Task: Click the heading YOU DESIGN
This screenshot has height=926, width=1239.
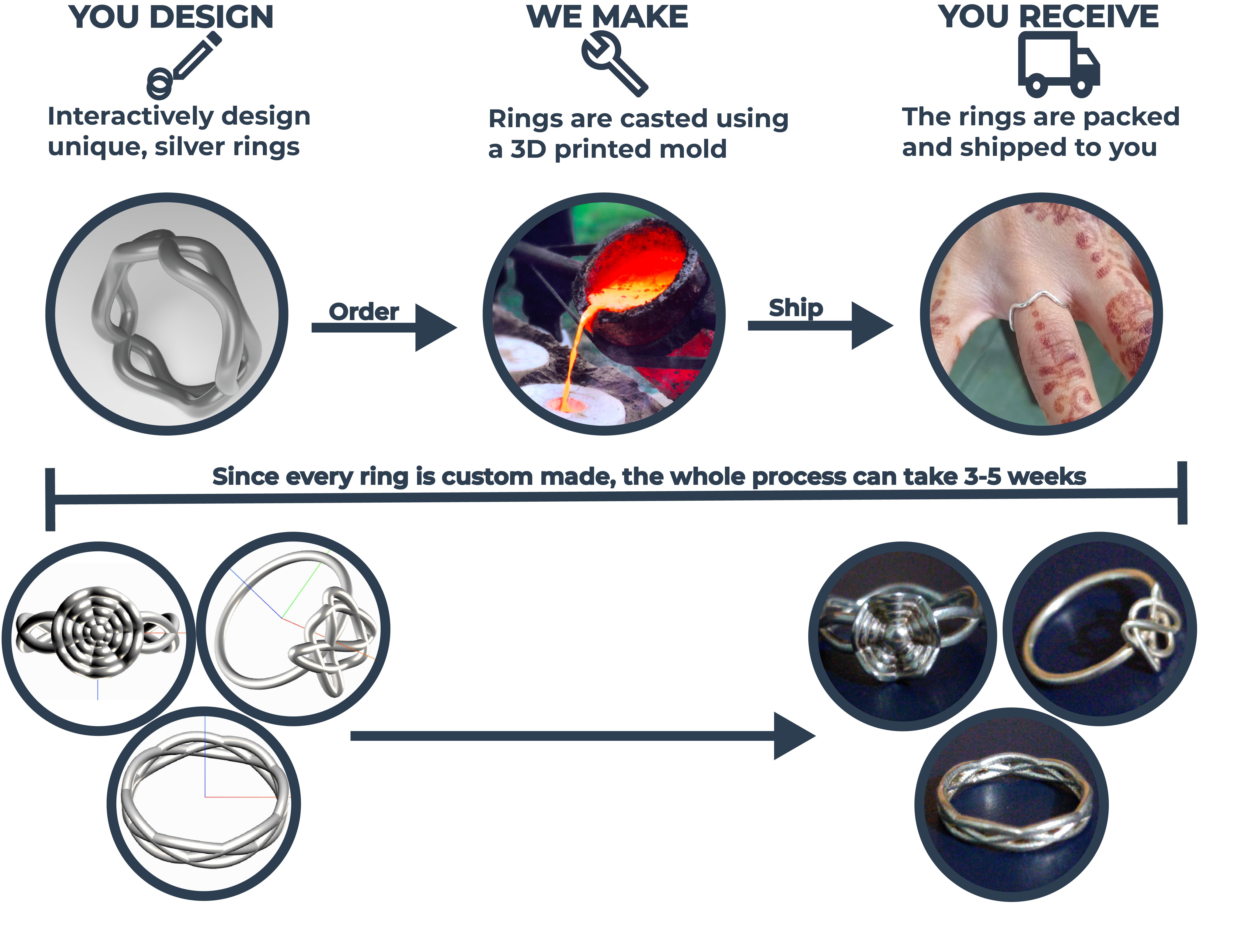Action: point(171,17)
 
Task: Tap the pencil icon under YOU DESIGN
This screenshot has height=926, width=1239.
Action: point(185,64)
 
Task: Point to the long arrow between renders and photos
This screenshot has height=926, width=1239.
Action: point(583,736)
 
